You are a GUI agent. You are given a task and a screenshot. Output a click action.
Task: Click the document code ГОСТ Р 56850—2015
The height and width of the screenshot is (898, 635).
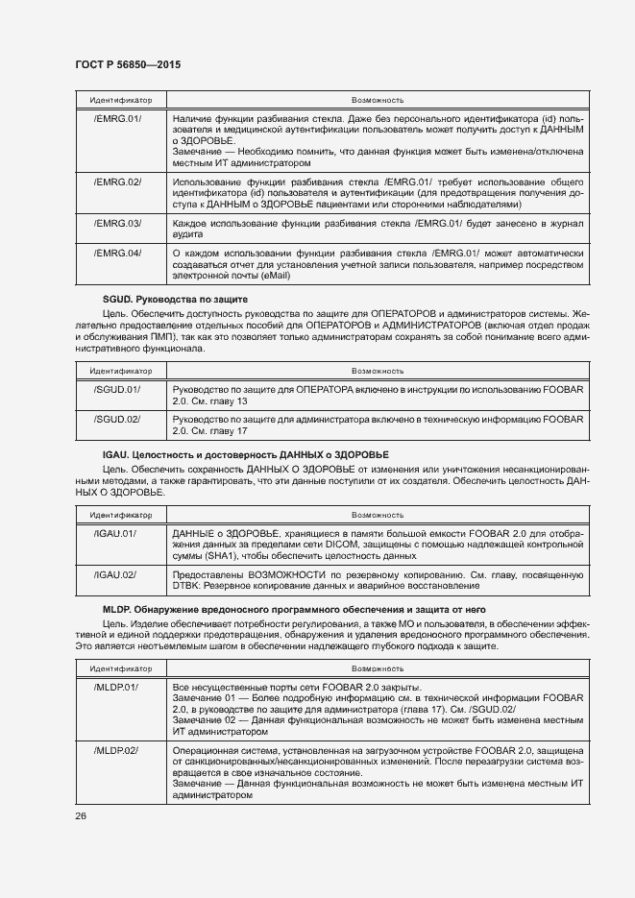(x=127, y=64)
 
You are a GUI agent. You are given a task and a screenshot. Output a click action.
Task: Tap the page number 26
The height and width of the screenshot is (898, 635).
(x=81, y=816)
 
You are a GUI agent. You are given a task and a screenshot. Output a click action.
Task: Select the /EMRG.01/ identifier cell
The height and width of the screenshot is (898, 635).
(x=118, y=118)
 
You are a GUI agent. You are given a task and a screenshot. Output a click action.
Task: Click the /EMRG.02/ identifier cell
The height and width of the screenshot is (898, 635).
(x=118, y=182)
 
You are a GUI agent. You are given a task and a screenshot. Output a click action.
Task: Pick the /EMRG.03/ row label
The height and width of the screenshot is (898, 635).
(x=118, y=223)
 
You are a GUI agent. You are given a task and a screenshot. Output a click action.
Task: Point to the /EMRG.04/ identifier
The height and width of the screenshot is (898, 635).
(x=118, y=254)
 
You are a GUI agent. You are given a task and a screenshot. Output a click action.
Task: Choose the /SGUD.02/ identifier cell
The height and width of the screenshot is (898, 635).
(x=118, y=419)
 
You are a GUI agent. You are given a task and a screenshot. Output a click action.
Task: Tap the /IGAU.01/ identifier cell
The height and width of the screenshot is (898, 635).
(x=116, y=533)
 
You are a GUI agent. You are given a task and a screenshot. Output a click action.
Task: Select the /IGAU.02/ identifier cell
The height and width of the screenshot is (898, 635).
(x=116, y=574)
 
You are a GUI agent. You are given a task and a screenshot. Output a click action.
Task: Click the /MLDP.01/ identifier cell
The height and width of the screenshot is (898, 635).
(x=118, y=688)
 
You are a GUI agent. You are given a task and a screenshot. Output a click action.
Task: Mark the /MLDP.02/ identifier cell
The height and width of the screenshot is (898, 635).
(x=118, y=749)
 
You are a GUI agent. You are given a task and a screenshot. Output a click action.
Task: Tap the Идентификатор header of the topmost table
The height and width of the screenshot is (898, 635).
(x=118, y=99)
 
